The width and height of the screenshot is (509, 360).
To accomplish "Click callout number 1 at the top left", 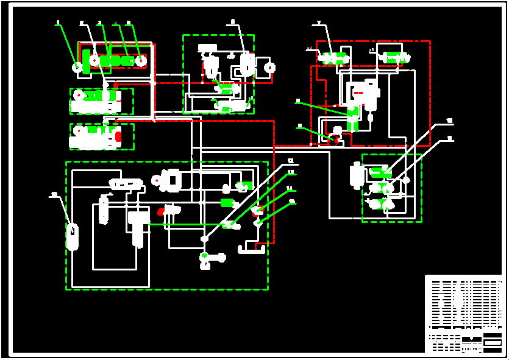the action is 58,23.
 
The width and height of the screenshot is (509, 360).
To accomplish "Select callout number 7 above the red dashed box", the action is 319,23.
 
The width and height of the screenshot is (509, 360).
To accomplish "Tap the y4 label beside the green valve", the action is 309,49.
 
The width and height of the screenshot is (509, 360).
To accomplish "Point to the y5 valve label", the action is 372,50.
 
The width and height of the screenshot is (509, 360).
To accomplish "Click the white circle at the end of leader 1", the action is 77,67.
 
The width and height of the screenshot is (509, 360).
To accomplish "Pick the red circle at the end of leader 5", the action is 141,60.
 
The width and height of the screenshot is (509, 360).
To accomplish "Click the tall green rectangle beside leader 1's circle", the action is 87,63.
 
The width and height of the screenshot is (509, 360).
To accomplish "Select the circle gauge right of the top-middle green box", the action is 270,68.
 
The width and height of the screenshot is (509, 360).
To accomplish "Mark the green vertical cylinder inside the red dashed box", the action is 352,119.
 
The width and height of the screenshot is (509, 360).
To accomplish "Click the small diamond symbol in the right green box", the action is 406,180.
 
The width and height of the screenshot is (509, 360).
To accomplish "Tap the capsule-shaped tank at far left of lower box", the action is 72,237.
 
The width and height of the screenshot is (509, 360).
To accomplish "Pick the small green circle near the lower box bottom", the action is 205,255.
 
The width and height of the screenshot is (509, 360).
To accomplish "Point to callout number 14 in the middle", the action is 290,188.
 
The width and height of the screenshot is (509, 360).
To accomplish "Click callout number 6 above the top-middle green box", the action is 233,22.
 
